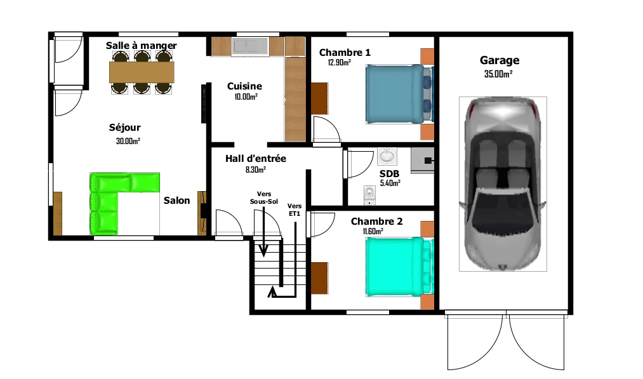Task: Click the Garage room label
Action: point(500,61)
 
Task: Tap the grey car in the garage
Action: point(503,184)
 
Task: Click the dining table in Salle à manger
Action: point(142,72)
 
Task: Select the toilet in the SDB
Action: point(369,196)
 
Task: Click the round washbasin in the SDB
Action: point(387,156)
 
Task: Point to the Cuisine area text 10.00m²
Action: point(246,96)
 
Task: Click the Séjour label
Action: point(124,128)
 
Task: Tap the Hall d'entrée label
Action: point(255,158)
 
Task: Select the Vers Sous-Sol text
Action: point(264,197)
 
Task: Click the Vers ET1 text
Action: point(295,209)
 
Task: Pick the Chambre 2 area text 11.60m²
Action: point(373,231)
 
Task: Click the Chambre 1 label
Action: point(345,53)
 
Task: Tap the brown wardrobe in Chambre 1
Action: point(319,98)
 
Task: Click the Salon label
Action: point(176,201)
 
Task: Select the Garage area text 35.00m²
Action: point(498,74)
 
